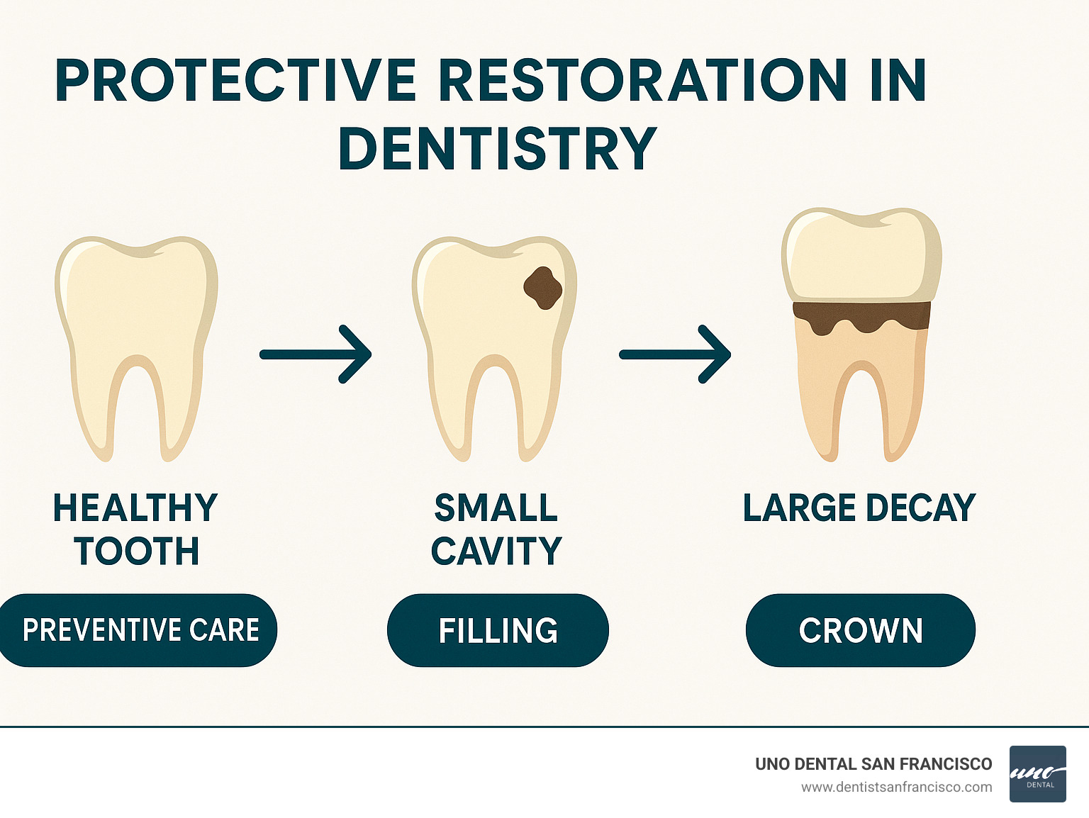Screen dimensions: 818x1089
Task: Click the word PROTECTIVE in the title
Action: tap(236, 81)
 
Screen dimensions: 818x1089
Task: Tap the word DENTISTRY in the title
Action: tap(498, 149)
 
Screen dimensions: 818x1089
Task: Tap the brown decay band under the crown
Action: tap(861, 315)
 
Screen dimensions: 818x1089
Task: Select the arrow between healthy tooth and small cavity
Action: tap(316, 354)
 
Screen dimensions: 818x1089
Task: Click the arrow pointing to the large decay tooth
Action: tap(676, 354)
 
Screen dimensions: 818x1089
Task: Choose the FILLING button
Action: tap(498, 630)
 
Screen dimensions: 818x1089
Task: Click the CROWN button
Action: tap(861, 630)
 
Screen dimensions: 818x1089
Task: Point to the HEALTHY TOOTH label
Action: tap(135, 529)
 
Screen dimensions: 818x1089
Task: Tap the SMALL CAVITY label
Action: tap(496, 529)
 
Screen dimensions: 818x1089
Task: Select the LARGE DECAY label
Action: tap(859, 508)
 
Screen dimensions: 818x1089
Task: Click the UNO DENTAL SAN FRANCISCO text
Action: tap(873, 763)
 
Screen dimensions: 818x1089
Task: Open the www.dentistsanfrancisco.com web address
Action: tap(896, 787)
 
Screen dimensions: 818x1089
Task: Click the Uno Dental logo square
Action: tap(1037, 774)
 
